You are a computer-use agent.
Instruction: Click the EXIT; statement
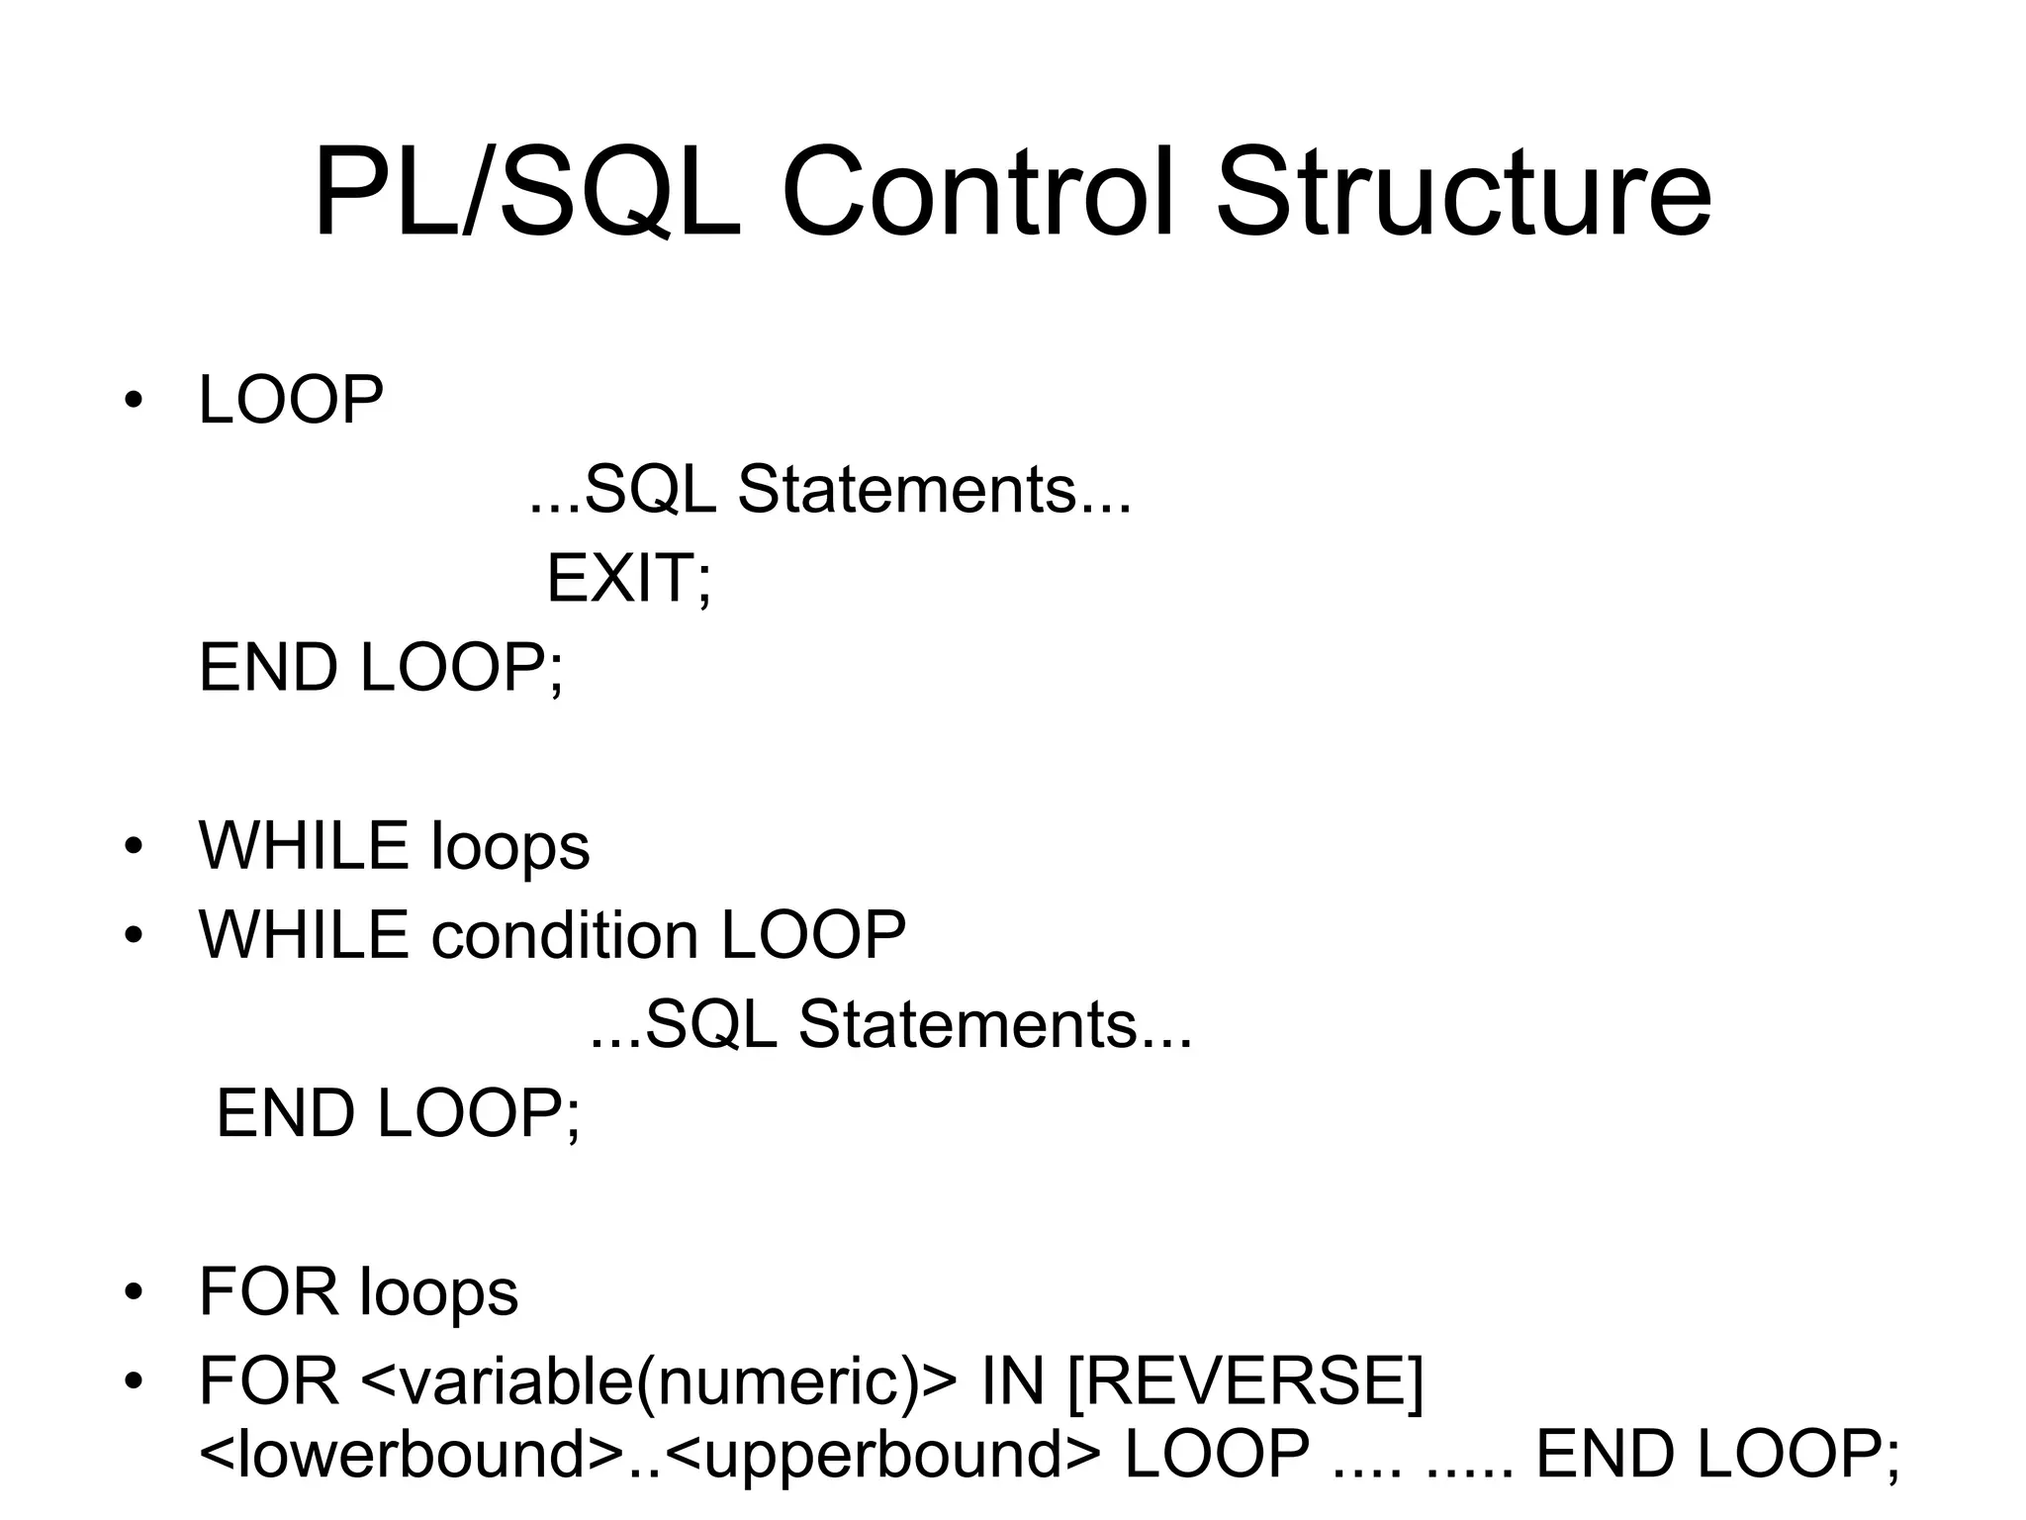628,579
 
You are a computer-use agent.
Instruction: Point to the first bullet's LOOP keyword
291,401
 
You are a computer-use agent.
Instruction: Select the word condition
565,935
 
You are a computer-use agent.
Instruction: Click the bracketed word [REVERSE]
1245,1381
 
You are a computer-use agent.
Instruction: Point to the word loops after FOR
437,1292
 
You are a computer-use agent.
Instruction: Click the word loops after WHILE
510,847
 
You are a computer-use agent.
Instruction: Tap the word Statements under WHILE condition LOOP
969,1024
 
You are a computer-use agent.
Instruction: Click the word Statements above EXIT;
908,490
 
